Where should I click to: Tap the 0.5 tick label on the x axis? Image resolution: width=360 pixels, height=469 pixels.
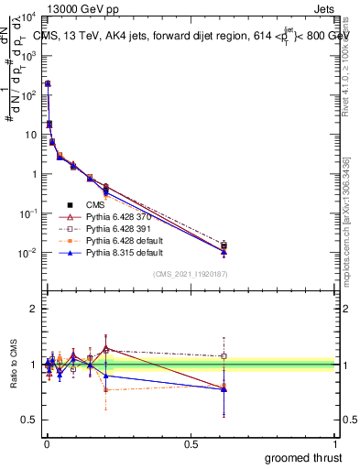tap(191, 443)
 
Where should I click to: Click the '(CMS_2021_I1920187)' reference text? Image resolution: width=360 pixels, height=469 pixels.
tap(191, 274)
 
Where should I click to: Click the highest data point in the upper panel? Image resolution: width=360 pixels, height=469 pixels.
tap(48, 83)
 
